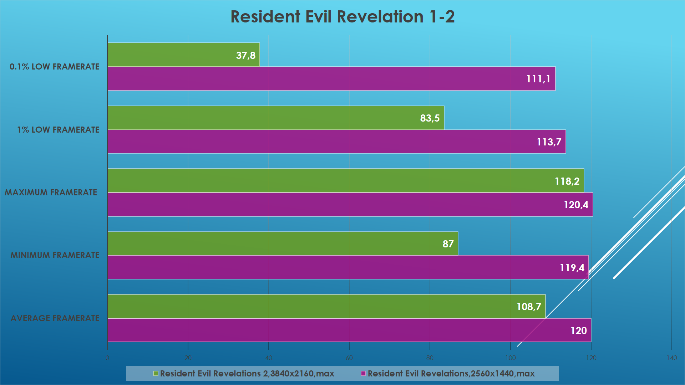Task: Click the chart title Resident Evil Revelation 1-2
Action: pos(342,17)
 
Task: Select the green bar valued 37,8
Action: pos(183,55)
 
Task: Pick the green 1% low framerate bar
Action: pos(275,118)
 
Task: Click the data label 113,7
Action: pos(549,142)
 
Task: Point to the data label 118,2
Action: pos(567,181)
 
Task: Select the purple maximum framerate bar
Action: pos(350,205)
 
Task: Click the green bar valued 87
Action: pos(283,244)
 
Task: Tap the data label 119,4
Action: pos(572,268)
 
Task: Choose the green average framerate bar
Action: pos(326,307)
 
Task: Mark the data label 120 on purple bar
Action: pos(578,330)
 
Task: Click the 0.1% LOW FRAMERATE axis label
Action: pos(55,67)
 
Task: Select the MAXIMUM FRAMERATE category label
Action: pos(51,192)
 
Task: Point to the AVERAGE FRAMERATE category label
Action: pos(55,318)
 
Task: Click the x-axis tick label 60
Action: pos(349,358)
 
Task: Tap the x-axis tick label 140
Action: pos(671,358)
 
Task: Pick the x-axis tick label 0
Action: pos(107,358)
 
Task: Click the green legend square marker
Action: pos(156,374)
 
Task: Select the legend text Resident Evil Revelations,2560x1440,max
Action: pos(451,374)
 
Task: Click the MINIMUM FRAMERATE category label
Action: pos(55,255)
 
